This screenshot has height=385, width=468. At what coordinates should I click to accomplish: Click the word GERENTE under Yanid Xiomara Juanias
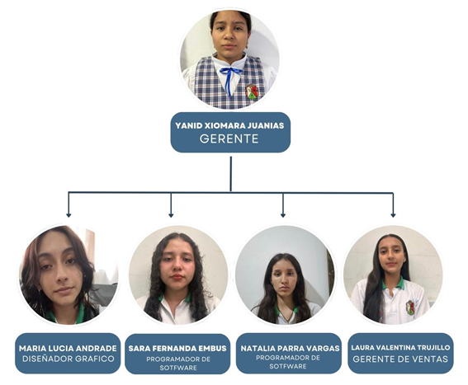click(x=229, y=139)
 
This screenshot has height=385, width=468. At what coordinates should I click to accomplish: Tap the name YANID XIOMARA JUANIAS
click(x=229, y=125)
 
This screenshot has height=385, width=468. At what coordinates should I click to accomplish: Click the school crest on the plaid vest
click(x=253, y=92)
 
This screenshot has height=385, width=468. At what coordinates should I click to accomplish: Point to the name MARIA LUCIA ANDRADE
click(x=68, y=349)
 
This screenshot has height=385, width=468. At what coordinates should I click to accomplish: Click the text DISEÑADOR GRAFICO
click(x=69, y=359)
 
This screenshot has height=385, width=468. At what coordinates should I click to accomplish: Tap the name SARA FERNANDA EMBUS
click(x=177, y=349)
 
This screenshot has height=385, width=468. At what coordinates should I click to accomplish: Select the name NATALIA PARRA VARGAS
click(x=290, y=349)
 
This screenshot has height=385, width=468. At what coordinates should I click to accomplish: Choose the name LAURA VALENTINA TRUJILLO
click(x=400, y=347)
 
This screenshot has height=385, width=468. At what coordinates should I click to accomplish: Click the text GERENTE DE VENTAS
click(x=400, y=359)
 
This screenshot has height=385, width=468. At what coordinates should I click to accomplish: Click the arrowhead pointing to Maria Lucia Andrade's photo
click(x=69, y=215)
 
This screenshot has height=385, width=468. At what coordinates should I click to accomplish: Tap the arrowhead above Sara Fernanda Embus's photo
click(x=171, y=215)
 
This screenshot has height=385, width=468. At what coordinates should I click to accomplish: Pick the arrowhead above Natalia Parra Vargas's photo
click(x=283, y=215)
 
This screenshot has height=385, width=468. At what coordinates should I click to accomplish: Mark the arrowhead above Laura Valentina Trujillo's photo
click(x=393, y=215)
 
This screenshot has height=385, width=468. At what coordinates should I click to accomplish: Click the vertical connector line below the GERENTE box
click(x=231, y=174)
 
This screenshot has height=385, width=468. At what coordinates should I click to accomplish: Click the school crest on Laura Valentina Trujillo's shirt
click(x=410, y=308)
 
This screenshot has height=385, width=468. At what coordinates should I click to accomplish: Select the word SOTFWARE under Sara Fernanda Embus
click(x=178, y=368)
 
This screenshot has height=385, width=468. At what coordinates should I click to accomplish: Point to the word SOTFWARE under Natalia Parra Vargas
click(x=288, y=366)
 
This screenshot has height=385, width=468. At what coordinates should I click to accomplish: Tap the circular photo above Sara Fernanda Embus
click(x=178, y=275)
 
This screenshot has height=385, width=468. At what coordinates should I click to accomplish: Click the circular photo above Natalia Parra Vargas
click(x=285, y=275)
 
